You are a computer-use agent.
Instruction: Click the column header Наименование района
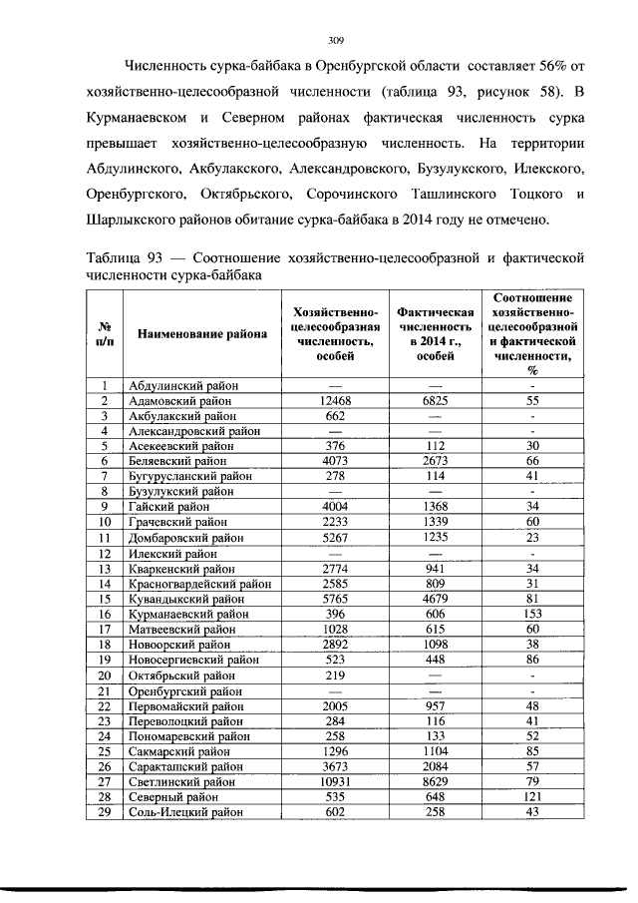point(202,333)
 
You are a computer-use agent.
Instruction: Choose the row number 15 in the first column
point(103,601)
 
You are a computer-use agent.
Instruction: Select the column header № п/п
point(104,333)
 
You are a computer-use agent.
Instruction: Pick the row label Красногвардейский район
point(193,584)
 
